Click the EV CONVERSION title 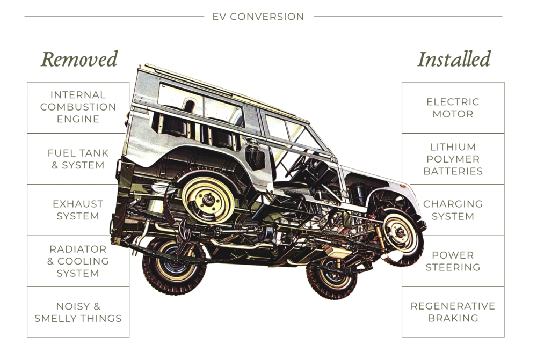[258, 17]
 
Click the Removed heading [79, 60]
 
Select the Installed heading [454, 60]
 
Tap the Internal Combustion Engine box [78, 107]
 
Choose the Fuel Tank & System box [78, 159]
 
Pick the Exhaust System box [78, 210]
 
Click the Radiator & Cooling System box [78, 261]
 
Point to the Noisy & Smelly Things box [78, 312]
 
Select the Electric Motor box [453, 107]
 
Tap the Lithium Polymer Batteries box [453, 159]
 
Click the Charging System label [453, 210]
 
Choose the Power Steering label [453, 261]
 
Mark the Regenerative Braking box [453, 312]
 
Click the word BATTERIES [453, 171]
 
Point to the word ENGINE [78, 119]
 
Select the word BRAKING [453, 318]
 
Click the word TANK [95, 153]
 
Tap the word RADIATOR [78, 249]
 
